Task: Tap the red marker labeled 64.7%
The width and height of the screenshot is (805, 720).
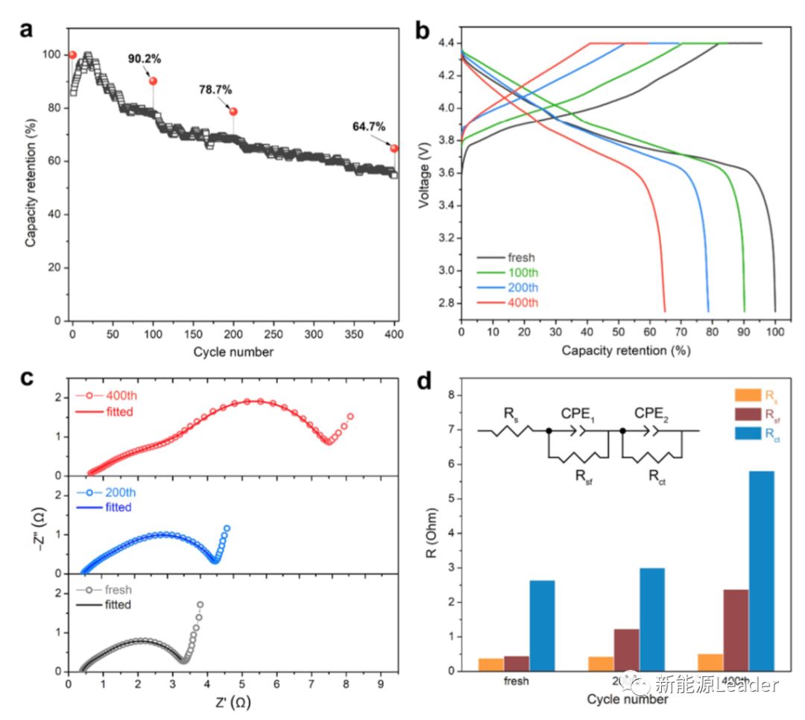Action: coord(394,148)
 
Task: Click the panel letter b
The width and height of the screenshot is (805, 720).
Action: coord(421,31)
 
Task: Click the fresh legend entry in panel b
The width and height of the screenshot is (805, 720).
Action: coord(516,258)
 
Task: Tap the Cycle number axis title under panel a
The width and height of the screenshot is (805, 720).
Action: coord(233,352)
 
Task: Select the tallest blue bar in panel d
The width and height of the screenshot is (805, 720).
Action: coord(762,570)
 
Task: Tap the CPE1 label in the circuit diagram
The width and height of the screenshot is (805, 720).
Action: coord(578,414)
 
